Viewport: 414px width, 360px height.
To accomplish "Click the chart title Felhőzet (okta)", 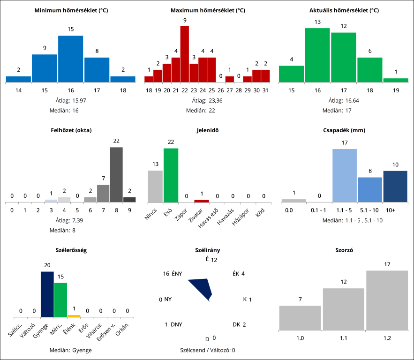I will [71, 130].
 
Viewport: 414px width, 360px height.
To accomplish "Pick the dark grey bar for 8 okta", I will [116, 174].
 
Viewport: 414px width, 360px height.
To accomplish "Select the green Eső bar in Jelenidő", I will [171, 175].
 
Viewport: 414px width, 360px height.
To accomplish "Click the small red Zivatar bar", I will [202, 201].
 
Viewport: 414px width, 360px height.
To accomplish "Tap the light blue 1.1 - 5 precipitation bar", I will [345, 175].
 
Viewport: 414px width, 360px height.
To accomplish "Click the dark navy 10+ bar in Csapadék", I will [395, 186].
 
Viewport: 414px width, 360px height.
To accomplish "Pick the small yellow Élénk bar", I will [74, 316].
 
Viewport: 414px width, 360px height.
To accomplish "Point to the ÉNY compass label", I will [177, 274].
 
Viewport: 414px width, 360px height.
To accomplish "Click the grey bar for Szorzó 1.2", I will [387, 300].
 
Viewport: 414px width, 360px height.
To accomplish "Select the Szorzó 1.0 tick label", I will [300, 338].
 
